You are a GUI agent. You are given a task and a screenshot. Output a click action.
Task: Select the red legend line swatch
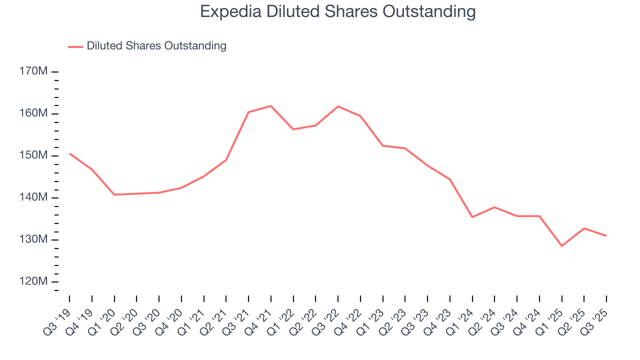[75, 46]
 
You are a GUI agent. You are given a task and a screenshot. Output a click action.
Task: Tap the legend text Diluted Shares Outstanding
[156, 46]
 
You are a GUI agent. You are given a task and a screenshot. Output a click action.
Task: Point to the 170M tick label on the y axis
[33, 71]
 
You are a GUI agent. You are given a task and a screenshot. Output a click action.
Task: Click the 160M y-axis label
[33, 113]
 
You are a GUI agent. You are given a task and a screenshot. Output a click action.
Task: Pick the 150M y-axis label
[33, 155]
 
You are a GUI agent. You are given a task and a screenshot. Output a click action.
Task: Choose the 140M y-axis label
[33, 197]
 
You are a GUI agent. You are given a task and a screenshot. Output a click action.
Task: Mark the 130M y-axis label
[33, 239]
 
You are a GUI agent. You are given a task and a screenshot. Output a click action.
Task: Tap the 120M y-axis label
[33, 281]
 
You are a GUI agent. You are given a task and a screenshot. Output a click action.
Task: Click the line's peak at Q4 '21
[271, 106]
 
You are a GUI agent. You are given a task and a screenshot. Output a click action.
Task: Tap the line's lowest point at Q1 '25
[561, 246]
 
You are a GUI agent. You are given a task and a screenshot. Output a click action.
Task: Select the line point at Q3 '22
[338, 106]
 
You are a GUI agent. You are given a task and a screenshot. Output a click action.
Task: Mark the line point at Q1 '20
[114, 194]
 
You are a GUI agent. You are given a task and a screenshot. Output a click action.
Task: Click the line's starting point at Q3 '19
[69, 153]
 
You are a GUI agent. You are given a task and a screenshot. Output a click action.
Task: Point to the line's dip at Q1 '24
[472, 217]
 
